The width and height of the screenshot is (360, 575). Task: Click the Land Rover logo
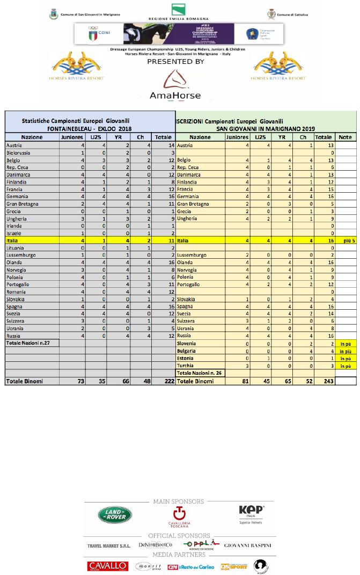click(115, 515)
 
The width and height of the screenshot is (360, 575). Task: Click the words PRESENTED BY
click(176, 61)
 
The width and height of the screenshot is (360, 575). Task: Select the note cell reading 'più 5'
click(346, 242)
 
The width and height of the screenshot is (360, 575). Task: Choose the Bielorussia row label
click(20, 152)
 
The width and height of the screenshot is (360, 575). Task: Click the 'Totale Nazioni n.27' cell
click(30, 343)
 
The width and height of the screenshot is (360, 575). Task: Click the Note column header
click(346, 137)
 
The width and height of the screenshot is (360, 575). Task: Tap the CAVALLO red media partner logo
click(107, 566)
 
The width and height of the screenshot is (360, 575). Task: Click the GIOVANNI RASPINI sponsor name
click(247, 545)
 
